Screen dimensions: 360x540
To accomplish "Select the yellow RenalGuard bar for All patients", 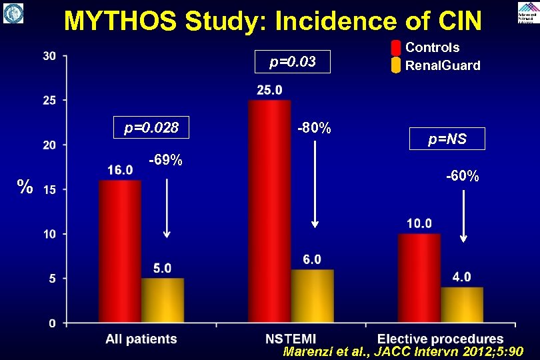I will click(x=162, y=300).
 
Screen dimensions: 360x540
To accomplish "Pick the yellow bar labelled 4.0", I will click(x=461, y=305).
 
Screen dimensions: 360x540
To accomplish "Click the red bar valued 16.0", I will click(x=120, y=251).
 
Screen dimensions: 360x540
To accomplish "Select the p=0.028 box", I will click(x=153, y=128).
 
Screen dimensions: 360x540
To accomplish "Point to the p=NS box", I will click(x=447, y=139).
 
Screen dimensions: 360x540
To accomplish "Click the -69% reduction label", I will click(x=166, y=161).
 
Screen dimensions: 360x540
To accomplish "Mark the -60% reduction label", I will click(x=463, y=177).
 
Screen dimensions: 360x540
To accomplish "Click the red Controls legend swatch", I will click(x=395, y=48).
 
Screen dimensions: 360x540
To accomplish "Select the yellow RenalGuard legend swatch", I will click(x=395, y=65).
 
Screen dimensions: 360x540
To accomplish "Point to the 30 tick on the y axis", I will click(x=49, y=56).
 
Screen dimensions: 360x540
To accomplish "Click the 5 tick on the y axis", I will click(x=52, y=279).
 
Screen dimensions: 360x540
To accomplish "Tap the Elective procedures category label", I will click(x=441, y=339).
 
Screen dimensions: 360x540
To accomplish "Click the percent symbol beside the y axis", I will click(x=25, y=187).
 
